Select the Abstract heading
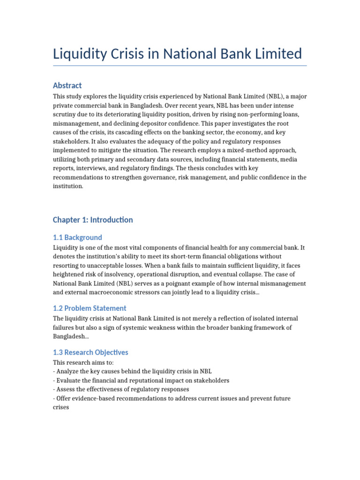(x=67, y=85)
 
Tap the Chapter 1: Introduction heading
(x=93, y=220)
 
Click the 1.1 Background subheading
(x=77, y=237)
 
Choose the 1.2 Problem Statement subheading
(x=90, y=308)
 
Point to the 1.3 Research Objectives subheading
(x=90, y=352)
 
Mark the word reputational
(x=135, y=380)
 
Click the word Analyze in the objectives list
(x=67, y=371)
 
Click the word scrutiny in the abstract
(x=66, y=114)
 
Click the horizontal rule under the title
(x=180, y=66)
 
